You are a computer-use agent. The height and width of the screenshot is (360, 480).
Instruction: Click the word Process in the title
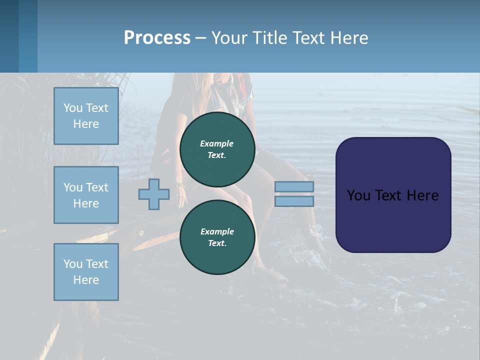157,37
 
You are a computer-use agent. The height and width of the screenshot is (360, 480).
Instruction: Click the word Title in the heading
269,37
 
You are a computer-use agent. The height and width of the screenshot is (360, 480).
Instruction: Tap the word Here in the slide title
347,37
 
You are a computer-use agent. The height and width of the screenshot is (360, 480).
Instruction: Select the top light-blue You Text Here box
86,116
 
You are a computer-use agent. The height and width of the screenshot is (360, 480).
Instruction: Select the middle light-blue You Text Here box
86,195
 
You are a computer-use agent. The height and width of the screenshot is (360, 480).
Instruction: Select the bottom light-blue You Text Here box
86,272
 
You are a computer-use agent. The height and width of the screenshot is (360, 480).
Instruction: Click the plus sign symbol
154,194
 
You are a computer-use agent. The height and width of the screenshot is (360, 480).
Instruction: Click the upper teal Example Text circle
217,149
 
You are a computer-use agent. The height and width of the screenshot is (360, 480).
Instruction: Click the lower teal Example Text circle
217,237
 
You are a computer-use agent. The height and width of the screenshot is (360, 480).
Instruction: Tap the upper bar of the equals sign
294,186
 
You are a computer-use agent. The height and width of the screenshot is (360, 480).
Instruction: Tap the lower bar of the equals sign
294,201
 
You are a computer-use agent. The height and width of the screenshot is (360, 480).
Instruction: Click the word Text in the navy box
388,195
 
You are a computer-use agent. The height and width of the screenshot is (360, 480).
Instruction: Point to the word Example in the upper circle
217,143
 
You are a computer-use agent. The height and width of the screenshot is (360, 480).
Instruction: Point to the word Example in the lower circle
217,231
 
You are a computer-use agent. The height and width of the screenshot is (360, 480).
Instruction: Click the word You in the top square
73,108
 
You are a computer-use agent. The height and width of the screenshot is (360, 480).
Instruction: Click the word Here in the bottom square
86,280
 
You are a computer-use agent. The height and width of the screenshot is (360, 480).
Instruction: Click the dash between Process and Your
200,38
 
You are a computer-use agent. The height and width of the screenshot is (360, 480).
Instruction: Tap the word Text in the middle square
96,187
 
